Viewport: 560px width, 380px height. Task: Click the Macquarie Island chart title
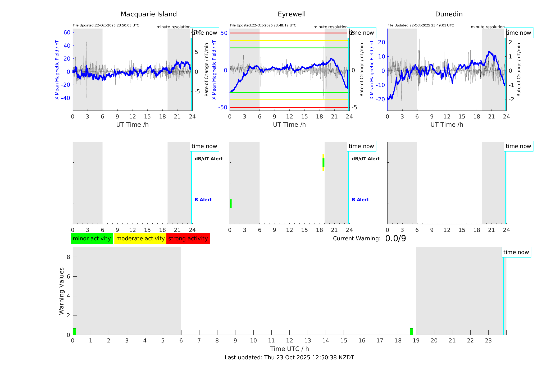click(x=149, y=14)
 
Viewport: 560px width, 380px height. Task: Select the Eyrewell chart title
click(x=292, y=14)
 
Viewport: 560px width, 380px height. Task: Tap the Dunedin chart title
click(x=449, y=14)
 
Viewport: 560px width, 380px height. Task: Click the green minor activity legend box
click(x=92, y=239)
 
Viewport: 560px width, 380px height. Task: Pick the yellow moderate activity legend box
click(x=140, y=239)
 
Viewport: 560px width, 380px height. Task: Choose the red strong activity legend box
click(x=188, y=239)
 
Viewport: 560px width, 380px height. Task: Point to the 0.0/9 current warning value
click(x=395, y=239)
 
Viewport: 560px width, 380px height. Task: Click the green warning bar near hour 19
click(x=411, y=331)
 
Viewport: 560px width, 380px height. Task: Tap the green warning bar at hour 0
click(x=74, y=331)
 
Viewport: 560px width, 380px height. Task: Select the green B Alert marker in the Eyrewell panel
click(x=231, y=204)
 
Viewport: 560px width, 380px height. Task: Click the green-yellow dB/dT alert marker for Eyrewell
click(x=323, y=163)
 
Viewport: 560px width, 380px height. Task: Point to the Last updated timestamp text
click(x=289, y=358)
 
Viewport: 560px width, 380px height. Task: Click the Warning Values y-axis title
click(x=61, y=291)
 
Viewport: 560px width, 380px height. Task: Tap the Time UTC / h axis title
click(x=289, y=349)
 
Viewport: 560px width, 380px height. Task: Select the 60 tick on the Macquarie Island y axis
click(x=67, y=33)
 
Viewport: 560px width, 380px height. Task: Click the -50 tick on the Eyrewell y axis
click(x=222, y=107)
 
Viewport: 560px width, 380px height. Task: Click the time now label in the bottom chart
click(x=516, y=252)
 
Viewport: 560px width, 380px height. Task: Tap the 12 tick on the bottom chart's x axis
click(x=289, y=341)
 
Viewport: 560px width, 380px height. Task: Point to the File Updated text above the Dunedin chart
click(x=420, y=25)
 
